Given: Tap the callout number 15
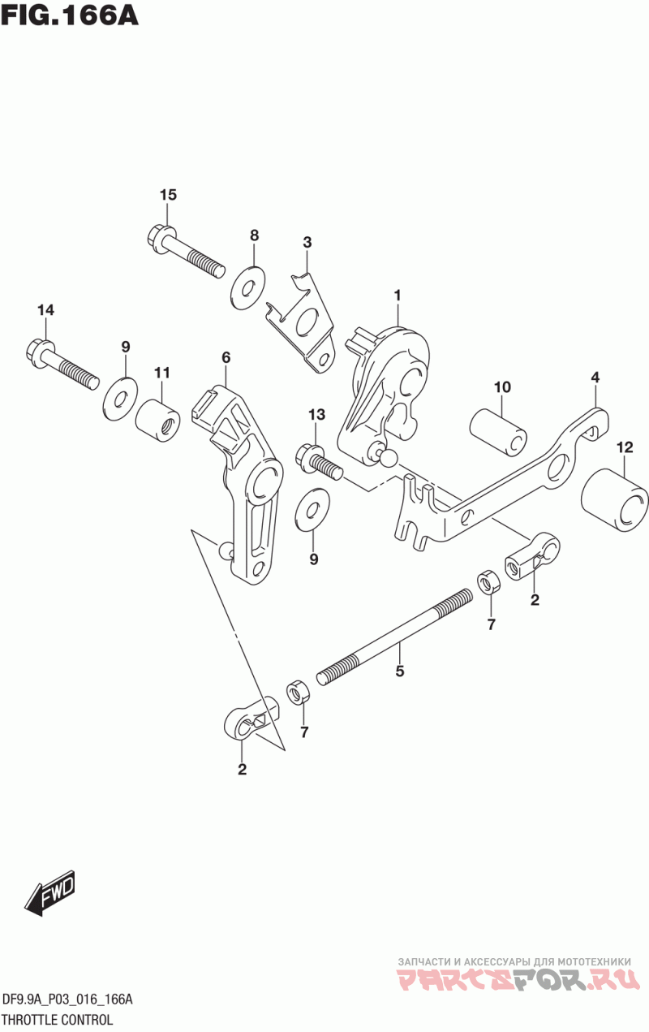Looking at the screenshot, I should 168,195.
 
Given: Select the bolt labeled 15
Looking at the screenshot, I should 187,251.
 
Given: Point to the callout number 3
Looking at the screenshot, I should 307,242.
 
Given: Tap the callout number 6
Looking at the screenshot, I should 226,357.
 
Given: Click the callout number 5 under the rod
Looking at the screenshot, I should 399,671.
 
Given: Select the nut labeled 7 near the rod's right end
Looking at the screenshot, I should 488,582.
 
